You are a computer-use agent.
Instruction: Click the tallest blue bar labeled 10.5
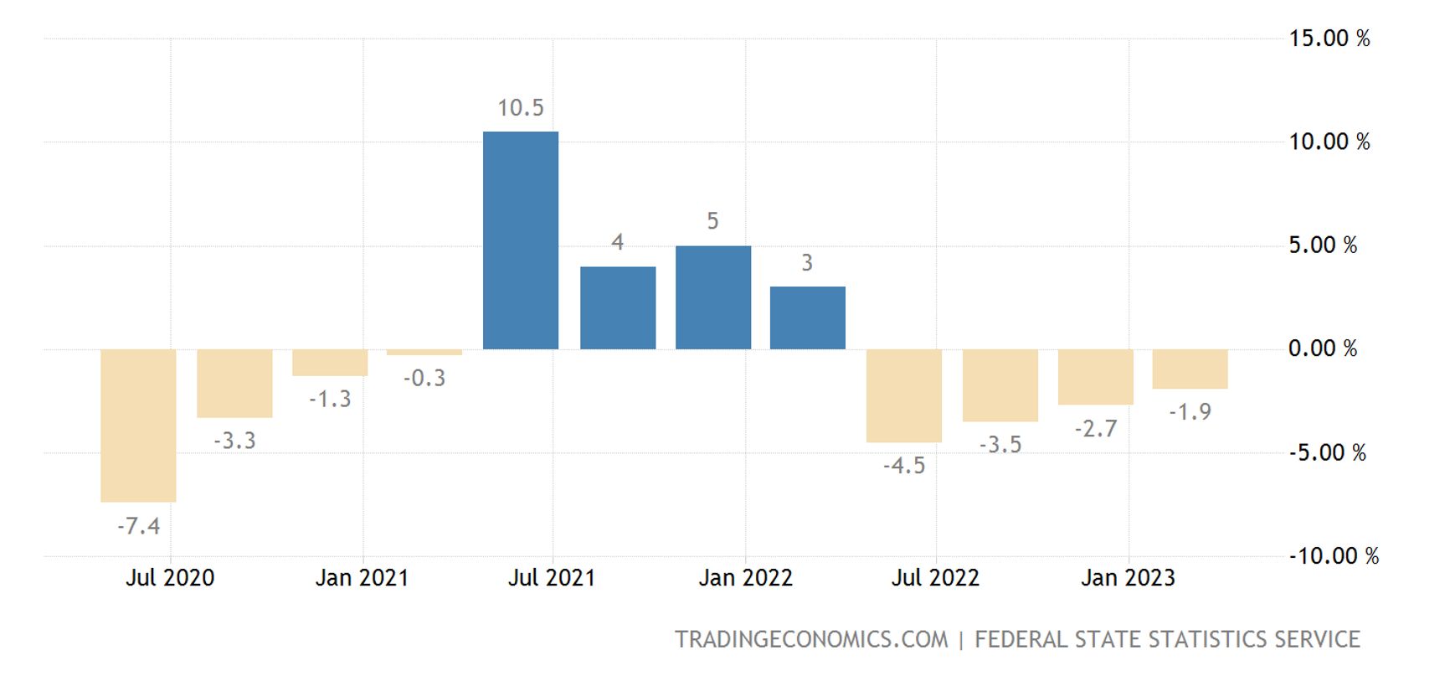coord(521,240)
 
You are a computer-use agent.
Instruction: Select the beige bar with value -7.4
coord(138,426)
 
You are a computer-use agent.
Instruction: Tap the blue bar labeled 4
coord(618,307)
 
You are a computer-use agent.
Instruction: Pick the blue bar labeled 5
coord(713,297)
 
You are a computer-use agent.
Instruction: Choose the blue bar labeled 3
coord(808,317)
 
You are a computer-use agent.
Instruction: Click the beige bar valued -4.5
coord(904,395)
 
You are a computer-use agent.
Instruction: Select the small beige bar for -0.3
coord(424,353)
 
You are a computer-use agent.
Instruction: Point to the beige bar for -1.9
coord(1190,369)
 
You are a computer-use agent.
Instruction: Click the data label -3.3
coord(234,441)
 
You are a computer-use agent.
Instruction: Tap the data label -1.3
coord(330,400)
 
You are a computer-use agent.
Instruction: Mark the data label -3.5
coord(1000,445)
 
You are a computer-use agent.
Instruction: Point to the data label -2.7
coord(1096,429)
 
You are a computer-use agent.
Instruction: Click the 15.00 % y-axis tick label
coord(1329,39)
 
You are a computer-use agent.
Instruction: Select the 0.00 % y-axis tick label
coord(1323,348)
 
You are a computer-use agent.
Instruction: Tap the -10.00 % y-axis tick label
coord(1334,556)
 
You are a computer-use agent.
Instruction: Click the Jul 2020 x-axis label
coord(170,578)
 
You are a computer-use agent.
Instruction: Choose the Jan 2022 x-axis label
coord(745,578)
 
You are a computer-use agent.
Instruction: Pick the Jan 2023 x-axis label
coord(1128,578)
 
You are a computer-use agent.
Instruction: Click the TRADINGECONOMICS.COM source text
coord(811,640)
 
